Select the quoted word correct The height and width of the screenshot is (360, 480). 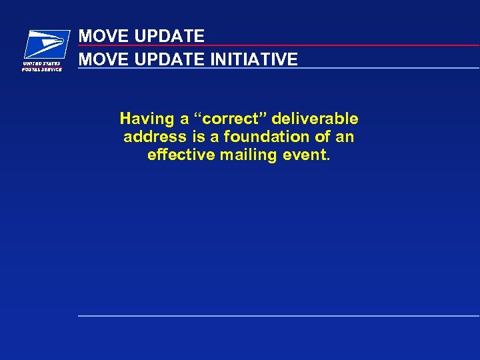[226, 119]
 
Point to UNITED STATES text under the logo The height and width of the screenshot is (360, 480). [42, 64]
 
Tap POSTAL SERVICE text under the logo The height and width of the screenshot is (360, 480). [42, 69]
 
